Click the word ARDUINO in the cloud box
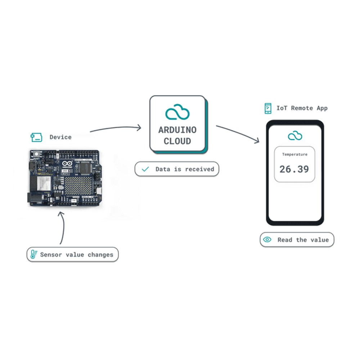pyautogui.click(x=177, y=130)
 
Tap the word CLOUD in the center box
pyautogui.click(x=177, y=141)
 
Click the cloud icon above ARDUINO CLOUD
pyautogui.click(x=177, y=112)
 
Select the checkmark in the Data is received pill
pyautogui.click(x=145, y=169)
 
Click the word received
pyautogui.click(x=199, y=169)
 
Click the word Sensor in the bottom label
pyautogui.click(x=51, y=255)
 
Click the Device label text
pyautogui.click(x=60, y=137)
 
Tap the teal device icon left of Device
pyautogui.click(x=36, y=137)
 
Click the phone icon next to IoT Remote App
pyautogui.click(x=268, y=108)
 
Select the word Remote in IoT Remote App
pyautogui.click(x=302, y=108)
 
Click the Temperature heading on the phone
pyautogui.click(x=295, y=154)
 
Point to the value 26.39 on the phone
pyautogui.click(x=294, y=169)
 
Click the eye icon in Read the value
pyautogui.click(x=267, y=240)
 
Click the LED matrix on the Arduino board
pyautogui.click(x=79, y=185)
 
